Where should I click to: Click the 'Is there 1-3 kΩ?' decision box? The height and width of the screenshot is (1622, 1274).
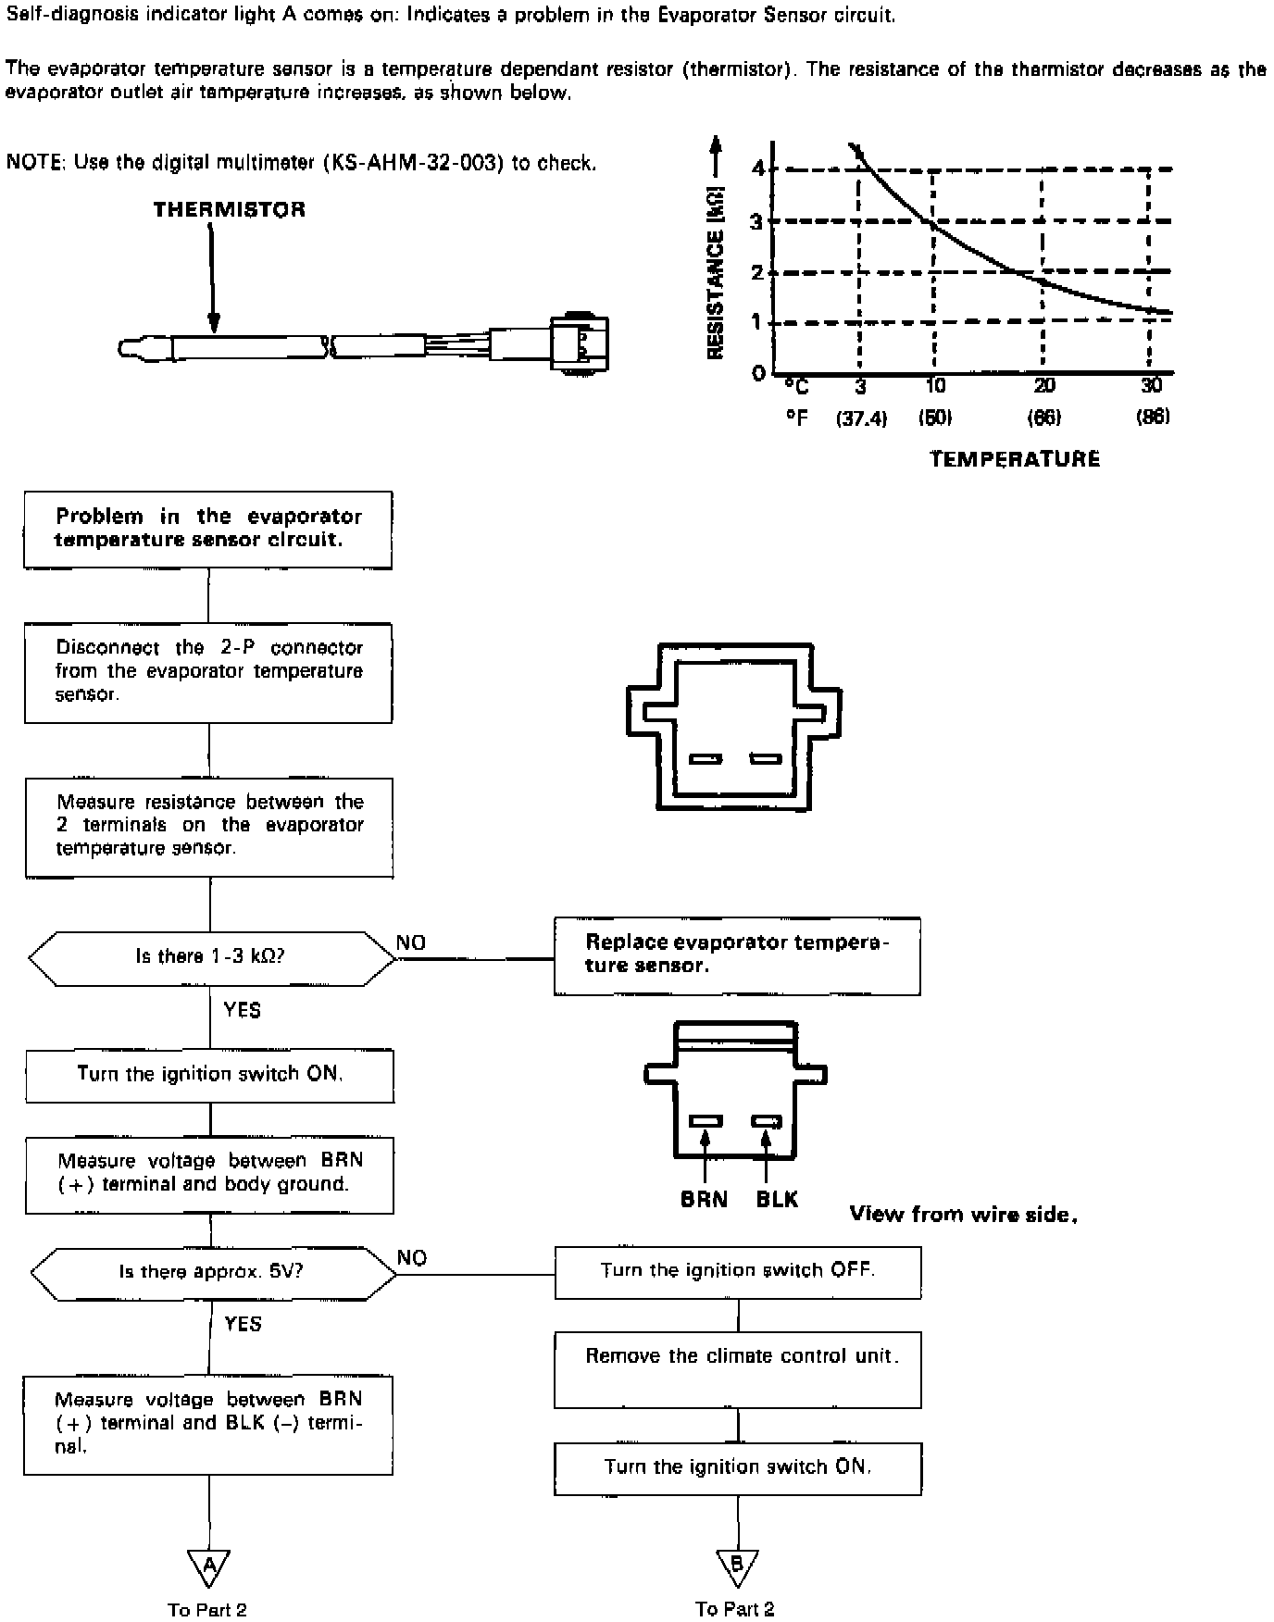coord(211,957)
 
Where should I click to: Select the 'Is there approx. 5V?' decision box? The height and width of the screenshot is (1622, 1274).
coord(212,1272)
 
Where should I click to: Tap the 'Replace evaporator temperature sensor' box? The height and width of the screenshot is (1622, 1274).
coord(737,955)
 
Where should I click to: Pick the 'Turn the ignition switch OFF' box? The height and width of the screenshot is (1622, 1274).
coord(737,1271)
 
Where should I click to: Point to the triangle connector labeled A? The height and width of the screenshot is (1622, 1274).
coord(209,1566)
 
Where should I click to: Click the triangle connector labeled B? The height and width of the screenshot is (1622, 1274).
coord(738,1566)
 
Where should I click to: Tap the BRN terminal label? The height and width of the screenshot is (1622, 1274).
coord(704,1200)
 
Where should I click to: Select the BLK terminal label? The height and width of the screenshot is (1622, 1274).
coord(777,1200)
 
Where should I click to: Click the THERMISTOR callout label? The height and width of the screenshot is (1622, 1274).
coord(229,209)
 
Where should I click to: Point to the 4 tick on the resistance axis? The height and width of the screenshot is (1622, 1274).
coord(758,168)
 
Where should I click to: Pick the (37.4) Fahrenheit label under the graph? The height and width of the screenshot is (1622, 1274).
coord(861,418)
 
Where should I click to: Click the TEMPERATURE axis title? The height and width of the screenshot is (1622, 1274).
coord(1015,459)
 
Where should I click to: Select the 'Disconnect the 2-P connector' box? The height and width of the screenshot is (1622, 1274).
coord(208,672)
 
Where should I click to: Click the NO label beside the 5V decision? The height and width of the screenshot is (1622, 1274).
coord(412,1257)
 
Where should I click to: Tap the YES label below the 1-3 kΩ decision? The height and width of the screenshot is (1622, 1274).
coord(243,1010)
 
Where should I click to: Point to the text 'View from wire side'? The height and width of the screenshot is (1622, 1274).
coord(963,1215)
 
